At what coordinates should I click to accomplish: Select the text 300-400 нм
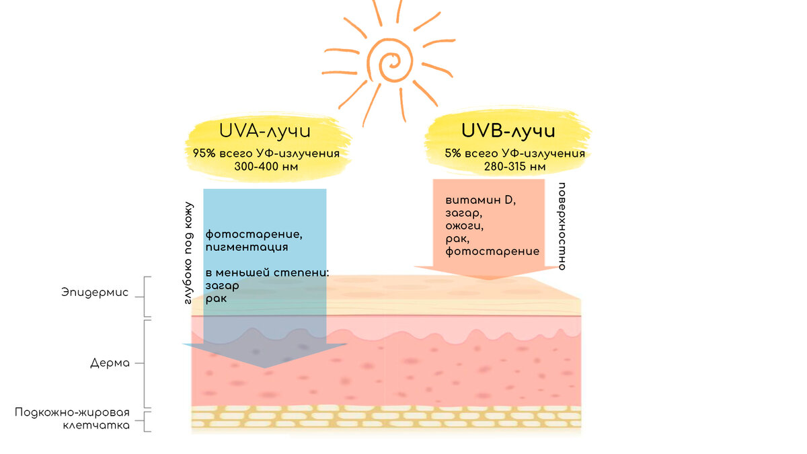tap(266, 165)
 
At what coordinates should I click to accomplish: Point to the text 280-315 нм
tap(514, 165)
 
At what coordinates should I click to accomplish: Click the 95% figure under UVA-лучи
tap(204, 153)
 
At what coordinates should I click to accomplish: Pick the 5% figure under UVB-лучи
tap(452, 153)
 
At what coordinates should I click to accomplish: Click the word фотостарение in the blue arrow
tap(254, 235)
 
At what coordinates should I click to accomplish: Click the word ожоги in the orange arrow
tap(464, 225)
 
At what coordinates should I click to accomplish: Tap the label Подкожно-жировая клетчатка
tap(72, 418)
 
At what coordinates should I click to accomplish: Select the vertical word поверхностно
tap(562, 226)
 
